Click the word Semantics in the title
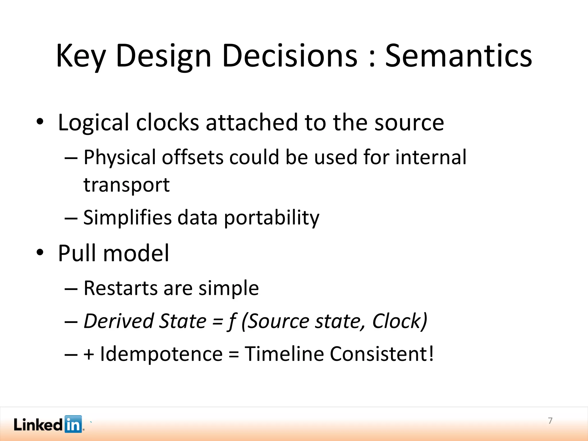pos(458,56)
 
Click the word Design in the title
pos(164,56)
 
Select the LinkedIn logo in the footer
pos(48,424)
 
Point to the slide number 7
pos(550,421)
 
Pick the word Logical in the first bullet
pos(93,123)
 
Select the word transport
pos(126,185)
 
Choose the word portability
pos(271,218)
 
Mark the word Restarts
pos(120,288)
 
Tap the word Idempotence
pos(161,354)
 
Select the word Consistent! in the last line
pos(382,354)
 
